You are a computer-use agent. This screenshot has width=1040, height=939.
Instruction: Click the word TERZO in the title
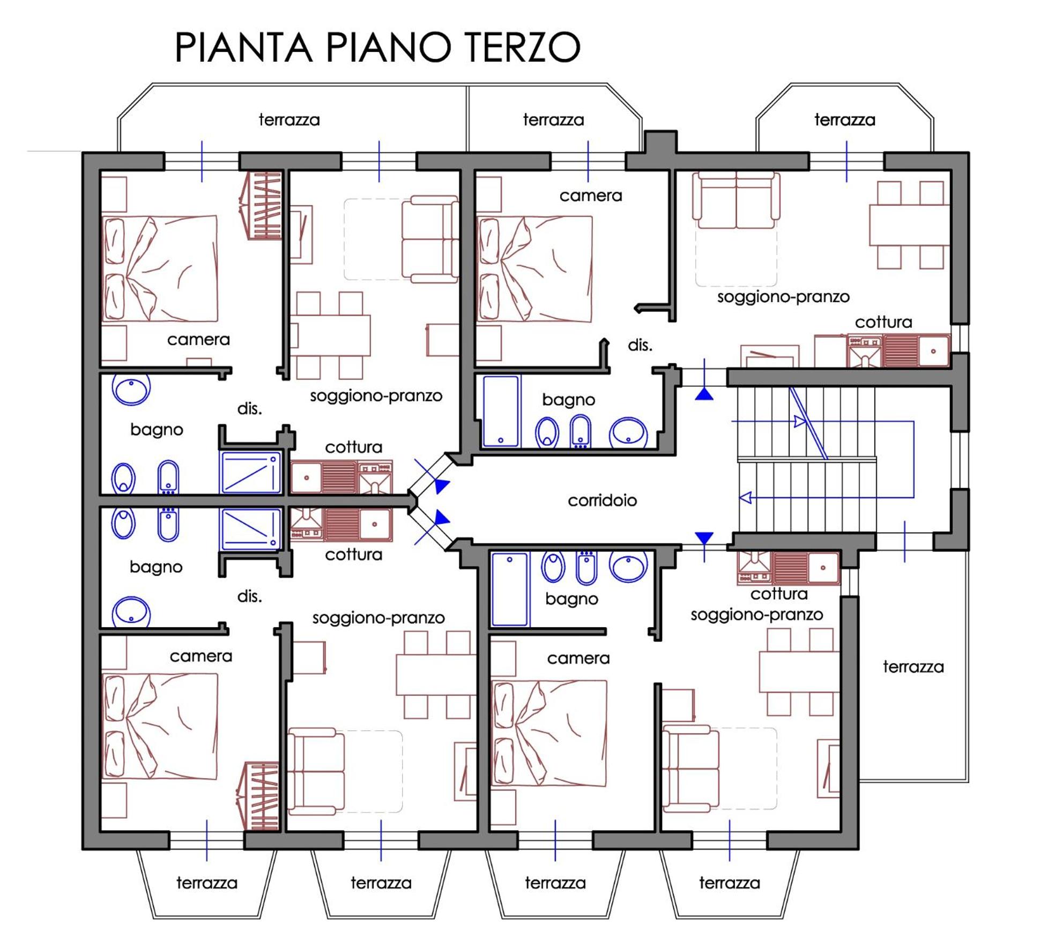pyautogui.click(x=522, y=47)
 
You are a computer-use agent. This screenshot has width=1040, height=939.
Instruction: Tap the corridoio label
pyautogui.click(x=602, y=500)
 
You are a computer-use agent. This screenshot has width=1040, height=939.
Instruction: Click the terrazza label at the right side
pyautogui.click(x=913, y=667)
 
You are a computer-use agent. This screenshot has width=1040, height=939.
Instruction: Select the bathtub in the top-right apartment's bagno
pyautogui.click(x=501, y=411)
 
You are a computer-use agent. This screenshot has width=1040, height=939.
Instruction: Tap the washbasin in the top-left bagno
pyautogui.click(x=131, y=389)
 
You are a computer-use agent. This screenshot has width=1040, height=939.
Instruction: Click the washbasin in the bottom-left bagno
pyautogui.click(x=131, y=612)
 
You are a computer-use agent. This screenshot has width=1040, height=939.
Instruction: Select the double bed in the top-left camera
pyautogui.click(x=160, y=269)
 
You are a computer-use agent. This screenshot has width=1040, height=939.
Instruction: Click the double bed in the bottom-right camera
pyautogui.click(x=549, y=733)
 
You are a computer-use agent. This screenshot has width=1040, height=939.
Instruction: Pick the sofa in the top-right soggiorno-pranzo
pyautogui.click(x=736, y=200)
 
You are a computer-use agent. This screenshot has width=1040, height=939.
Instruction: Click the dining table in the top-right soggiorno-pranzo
pyautogui.click(x=909, y=225)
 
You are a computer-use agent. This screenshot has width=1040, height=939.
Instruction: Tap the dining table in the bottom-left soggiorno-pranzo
pyautogui.click(x=436, y=675)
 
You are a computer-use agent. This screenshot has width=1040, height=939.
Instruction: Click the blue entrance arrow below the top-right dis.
pyautogui.click(x=704, y=394)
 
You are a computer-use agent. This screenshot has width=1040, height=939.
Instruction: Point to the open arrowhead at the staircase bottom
pyautogui.click(x=746, y=497)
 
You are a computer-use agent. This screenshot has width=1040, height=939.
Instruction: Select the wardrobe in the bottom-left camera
pyautogui.click(x=258, y=796)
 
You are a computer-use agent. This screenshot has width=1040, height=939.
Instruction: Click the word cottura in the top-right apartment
pyautogui.click(x=883, y=322)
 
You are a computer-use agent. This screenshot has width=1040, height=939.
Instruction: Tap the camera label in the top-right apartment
pyautogui.click(x=591, y=196)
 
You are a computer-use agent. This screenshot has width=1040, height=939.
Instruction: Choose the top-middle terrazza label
pyautogui.click(x=553, y=120)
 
